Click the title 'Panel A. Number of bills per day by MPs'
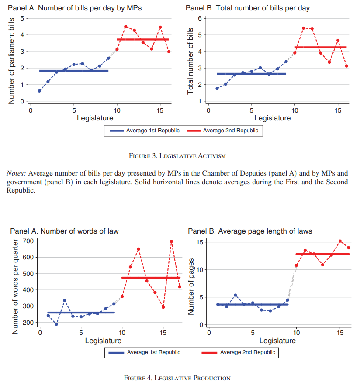click(x=75, y=8)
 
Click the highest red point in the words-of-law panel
click(x=172, y=241)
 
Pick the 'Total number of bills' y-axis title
click(x=190, y=64)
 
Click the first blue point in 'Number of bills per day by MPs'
click(x=39, y=91)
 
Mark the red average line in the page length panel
click(x=322, y=254)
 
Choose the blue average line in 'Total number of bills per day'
click(x=251, y=74)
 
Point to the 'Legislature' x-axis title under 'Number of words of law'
click(x=103, y=341)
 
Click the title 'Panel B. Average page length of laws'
click(x=250, y=231)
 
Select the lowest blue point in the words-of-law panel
click(x=56, y=324)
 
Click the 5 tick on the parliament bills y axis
click(x=23, y=18)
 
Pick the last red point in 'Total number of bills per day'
click(x=346, y=66)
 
